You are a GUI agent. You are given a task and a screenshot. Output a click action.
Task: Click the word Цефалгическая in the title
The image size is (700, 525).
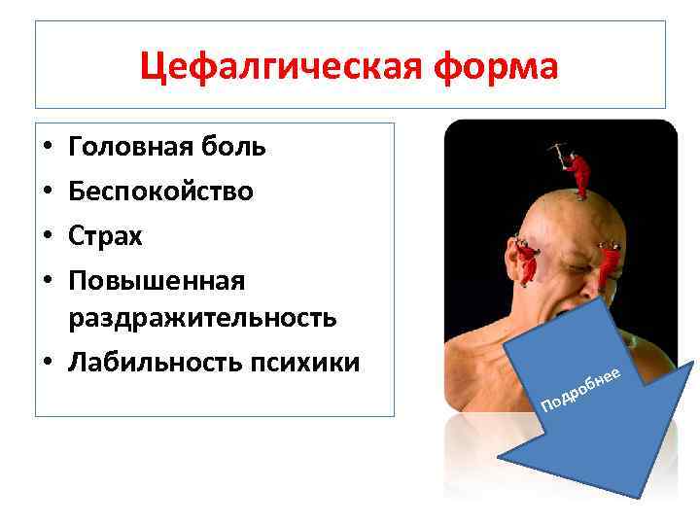(x=257, y=67)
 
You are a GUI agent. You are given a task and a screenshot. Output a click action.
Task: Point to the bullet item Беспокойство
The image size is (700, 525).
(x=160, y=192)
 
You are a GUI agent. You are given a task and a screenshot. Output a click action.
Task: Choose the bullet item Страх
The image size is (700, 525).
(x=105, y=236)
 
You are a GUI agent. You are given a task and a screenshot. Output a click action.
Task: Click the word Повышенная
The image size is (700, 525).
(x=156, y=281)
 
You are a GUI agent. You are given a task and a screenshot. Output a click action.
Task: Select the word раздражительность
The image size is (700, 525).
(x=202, y=317)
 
